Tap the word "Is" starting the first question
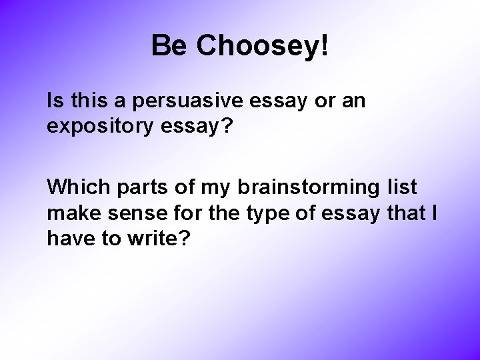click(x=55, y=102)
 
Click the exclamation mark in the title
click(x=325, y=46)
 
